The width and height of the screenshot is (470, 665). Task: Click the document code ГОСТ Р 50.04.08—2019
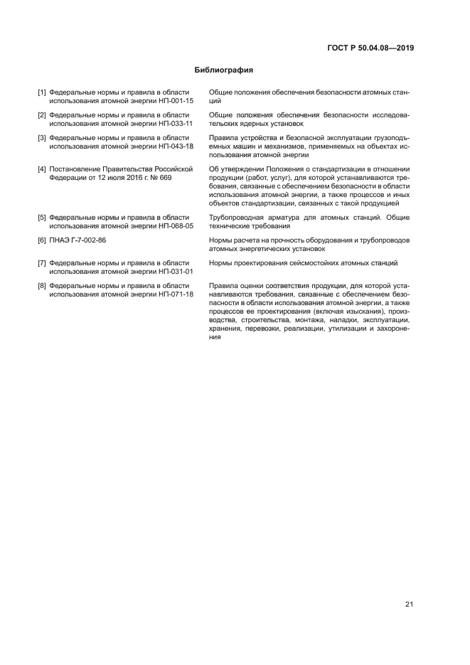(x=371, y=48)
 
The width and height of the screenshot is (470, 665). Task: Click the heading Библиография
(x=224, y=70)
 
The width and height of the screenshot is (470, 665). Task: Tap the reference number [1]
(x=42, y=92)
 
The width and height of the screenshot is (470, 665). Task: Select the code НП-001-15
(x=176, y=101)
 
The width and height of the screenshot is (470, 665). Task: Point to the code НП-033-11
(x=176, y=123)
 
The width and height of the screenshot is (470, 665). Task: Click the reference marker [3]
(x=42, y=137)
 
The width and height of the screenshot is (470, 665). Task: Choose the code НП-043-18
(x=176, y=146)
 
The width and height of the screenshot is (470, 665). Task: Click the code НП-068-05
(x=176, y=225)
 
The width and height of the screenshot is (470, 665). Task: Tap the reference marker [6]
(x=42, y=240)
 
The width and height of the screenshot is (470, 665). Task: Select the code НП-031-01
(x=176, y=272)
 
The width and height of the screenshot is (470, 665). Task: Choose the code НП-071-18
(x=176, y=294)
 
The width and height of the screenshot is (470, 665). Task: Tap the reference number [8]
(x=42, y=286)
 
